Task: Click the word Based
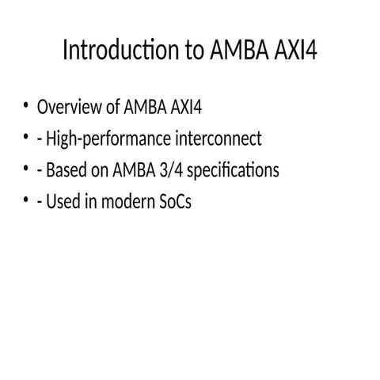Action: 66,171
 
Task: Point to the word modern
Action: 120,203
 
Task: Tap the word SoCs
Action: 173,203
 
